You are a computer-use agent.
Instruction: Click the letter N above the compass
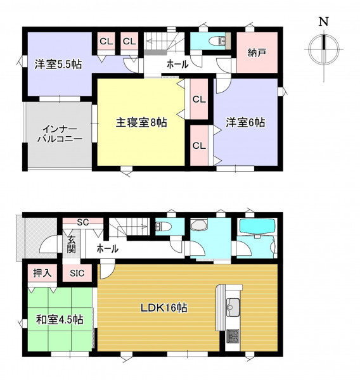(323, 22)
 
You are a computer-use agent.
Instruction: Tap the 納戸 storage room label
(257, 53)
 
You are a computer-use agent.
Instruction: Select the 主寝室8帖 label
(141, 123)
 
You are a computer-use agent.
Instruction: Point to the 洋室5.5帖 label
(58, 65)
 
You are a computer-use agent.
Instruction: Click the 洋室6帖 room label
(245, 122)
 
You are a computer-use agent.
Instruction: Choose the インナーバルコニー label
(60, 134)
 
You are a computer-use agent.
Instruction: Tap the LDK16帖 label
(164, 308)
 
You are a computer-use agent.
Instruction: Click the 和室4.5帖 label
(60, 320)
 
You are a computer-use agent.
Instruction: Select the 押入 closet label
(42, 273)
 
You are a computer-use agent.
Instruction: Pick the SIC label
(77, 274)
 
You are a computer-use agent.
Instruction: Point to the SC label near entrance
(83, 222)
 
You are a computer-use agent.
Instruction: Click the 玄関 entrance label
(72, 244)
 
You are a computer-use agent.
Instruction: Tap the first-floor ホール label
(108, 248)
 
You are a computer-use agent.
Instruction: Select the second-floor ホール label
(177, 64)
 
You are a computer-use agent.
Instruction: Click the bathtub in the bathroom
(257, 226)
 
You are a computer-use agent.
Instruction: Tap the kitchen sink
(233, 307)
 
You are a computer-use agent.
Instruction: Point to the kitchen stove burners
(233, 336)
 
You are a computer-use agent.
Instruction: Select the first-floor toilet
(163, 226)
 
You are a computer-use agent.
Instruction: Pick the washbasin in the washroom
(199, 224)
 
